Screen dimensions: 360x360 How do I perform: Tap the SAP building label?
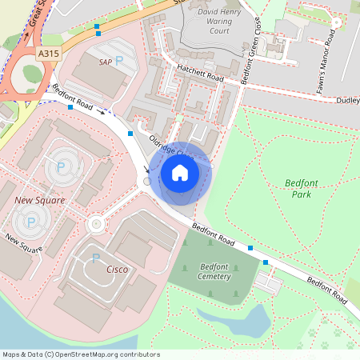click(x=104, y=61)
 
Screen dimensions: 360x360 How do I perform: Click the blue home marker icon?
click(x=180, y=172)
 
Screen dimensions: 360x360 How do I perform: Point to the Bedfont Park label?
click(x=301, y=188)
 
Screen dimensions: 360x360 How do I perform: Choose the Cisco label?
click(x=117, y=270)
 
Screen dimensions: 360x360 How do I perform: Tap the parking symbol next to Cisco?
click(x=96, y=258)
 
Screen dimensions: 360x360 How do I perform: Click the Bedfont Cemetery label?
click(x=214, y=271)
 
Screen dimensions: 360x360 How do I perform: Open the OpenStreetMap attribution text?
click(x=82, y=354)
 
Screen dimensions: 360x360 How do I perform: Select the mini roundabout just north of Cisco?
click(x=97, y=223)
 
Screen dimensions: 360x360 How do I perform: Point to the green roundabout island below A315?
click(x=31, y=74)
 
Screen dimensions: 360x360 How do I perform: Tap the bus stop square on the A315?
click(x=97, y=26)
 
